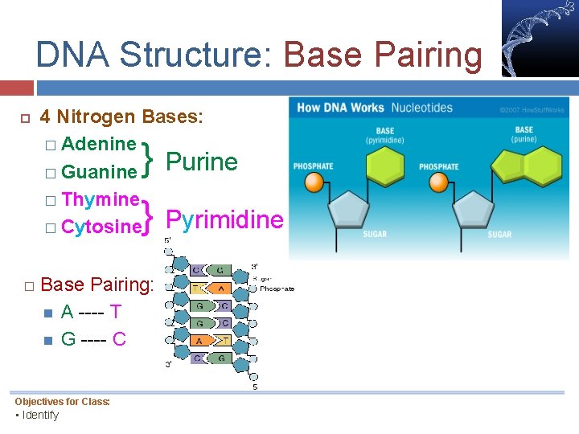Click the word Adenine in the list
click(x=98, y=144)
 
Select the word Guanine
click(x=99, y=172)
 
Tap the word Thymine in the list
click(x=101, y=199)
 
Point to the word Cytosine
click(x=101, y=227)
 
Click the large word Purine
click(x=201, y=162)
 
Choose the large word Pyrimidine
click(x=224, y=219)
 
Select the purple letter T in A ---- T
click(x=116, y=311)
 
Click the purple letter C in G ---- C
click(x=119, y=338)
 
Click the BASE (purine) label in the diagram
click(x=524, y=134)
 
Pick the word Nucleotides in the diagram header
click(x=421, y=108)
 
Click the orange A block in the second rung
click(x=220, y=288)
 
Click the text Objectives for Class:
click(x=62, y=402)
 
